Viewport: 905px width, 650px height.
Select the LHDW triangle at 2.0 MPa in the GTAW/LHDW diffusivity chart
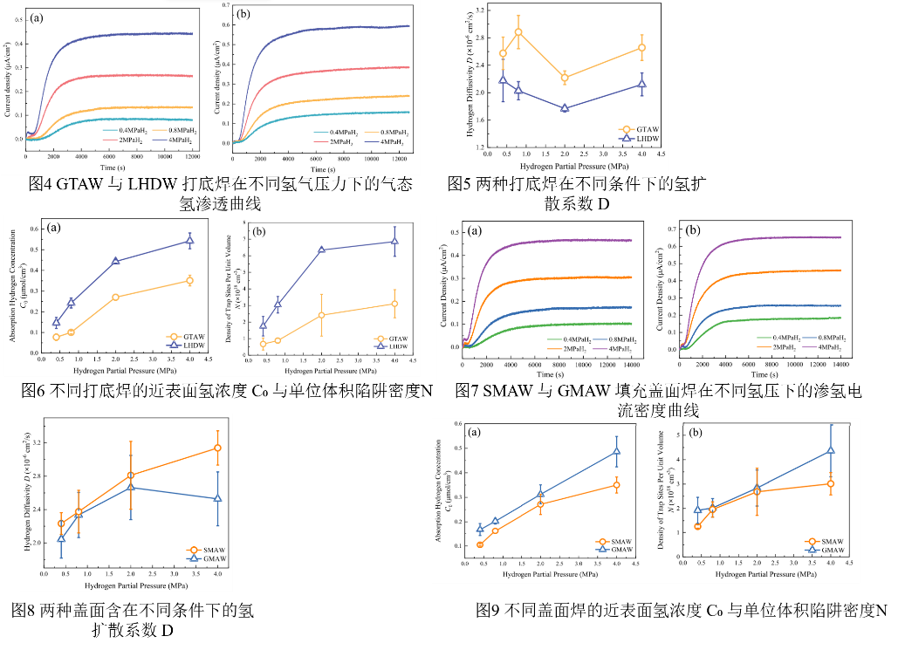pyautogui.click(x=565, y=108)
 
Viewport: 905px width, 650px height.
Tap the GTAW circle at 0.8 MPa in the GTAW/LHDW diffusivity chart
pyautogui.click(x=518, y=32)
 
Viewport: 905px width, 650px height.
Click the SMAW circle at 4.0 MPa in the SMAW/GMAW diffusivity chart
pyautogui.click(x=217, y=448)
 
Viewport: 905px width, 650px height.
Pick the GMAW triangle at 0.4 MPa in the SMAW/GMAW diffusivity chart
pyautogui.click(x=61, y=539)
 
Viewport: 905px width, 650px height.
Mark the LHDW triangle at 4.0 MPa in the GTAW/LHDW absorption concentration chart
pyautogui.click(x=189, y=241)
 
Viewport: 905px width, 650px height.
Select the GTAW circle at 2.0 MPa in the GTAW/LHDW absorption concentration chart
pyautogui.click(x=115, y=298)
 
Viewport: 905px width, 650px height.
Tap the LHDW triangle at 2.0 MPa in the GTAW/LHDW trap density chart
pyautogui.click(x=321, y=250)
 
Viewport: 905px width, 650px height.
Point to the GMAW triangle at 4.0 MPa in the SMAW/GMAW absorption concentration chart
pyautogui.click(x=616, y=451)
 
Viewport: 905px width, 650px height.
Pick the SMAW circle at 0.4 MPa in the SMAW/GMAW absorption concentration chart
pyautogui.click(x=480, y=544)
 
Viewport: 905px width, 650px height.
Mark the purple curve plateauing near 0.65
pyautogui.click(x=785, y=237)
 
